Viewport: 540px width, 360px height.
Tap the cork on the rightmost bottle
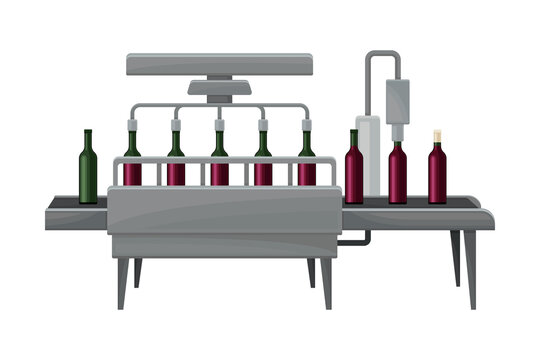click(437, 134)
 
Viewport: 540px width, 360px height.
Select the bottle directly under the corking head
click(398, 175)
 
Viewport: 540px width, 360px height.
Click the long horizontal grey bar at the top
click(220, 64)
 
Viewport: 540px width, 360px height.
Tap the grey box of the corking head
click(398, 100)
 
